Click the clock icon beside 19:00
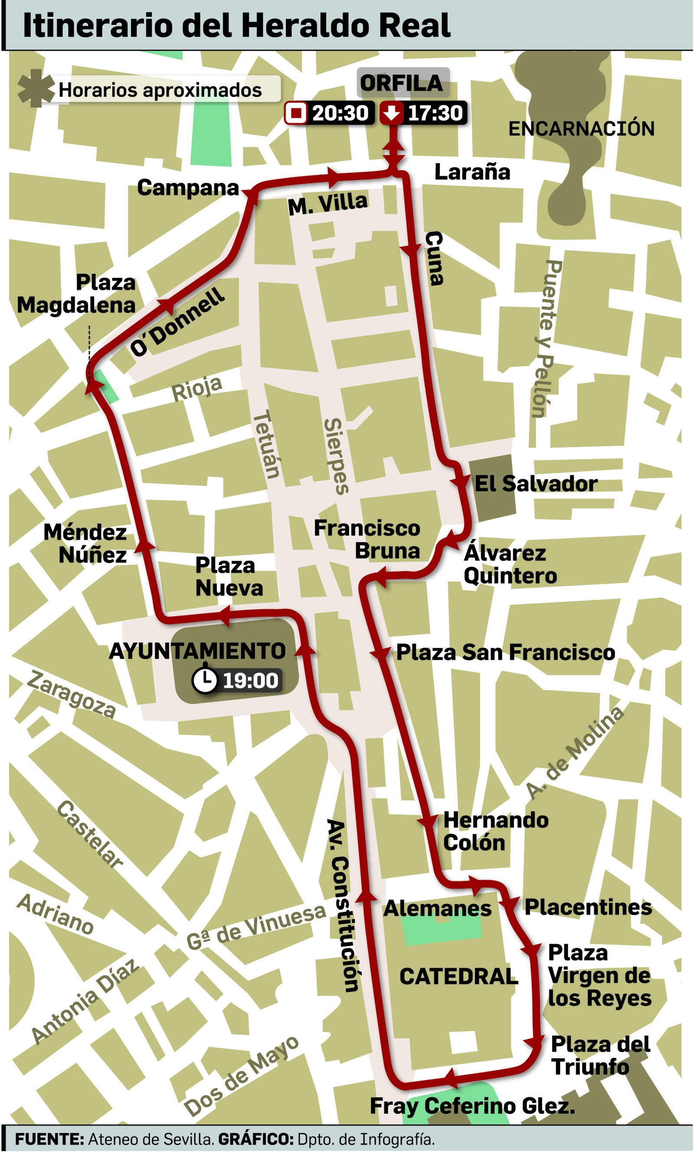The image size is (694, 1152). pos(205,680)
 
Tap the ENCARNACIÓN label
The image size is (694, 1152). pos(581,129)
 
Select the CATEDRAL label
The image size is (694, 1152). pos(458,977)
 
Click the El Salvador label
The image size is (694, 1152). pos(536,484)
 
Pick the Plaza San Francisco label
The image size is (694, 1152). pos(505,653)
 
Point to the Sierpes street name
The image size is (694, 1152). pos(336,456)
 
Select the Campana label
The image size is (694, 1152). pos(188,188)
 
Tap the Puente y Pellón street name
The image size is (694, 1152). pos(545,339)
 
